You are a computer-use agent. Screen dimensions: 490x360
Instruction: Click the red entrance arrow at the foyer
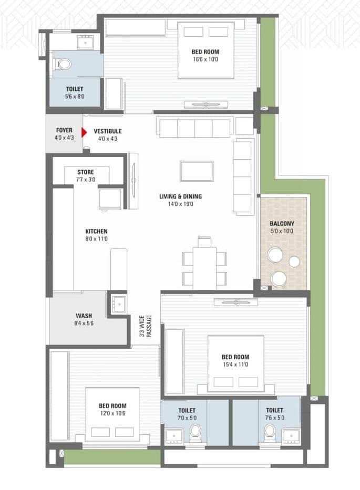pos(84,133)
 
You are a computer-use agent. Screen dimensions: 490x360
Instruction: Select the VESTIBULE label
pos(108,131)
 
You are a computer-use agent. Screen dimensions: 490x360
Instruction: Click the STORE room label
pos(86,172)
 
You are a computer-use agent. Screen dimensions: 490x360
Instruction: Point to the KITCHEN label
pos(97,231)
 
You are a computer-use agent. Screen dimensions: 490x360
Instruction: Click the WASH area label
pos(84,316)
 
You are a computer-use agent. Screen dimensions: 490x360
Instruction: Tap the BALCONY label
pos(282,223)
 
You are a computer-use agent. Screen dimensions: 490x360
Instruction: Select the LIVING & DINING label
pos(180,197)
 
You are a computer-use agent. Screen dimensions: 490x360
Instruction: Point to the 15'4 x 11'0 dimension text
pos(234,364)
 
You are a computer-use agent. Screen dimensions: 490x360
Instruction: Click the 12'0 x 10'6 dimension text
pos(112,413)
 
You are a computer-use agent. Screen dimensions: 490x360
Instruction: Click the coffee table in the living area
pos(197,171)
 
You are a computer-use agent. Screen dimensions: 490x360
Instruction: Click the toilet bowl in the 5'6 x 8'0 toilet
pos(64,65)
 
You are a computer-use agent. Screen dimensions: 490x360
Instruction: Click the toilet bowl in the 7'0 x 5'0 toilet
pos(196,432)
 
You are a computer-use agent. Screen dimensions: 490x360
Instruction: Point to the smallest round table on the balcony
pos(294,261)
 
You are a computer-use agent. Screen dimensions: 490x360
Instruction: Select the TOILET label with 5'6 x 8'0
pos(74,89)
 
